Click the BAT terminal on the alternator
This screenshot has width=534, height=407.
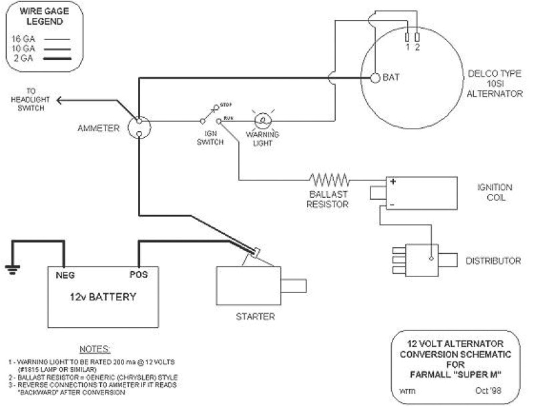375,78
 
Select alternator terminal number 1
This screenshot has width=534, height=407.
408,37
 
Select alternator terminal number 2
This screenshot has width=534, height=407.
417,37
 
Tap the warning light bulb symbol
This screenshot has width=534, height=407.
262,121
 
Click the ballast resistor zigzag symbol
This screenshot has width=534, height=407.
329,179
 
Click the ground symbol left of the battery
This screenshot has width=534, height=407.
11,269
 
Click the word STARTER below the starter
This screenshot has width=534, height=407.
256,316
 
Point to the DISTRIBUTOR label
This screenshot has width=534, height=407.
493,260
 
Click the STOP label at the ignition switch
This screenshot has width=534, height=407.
226,105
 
